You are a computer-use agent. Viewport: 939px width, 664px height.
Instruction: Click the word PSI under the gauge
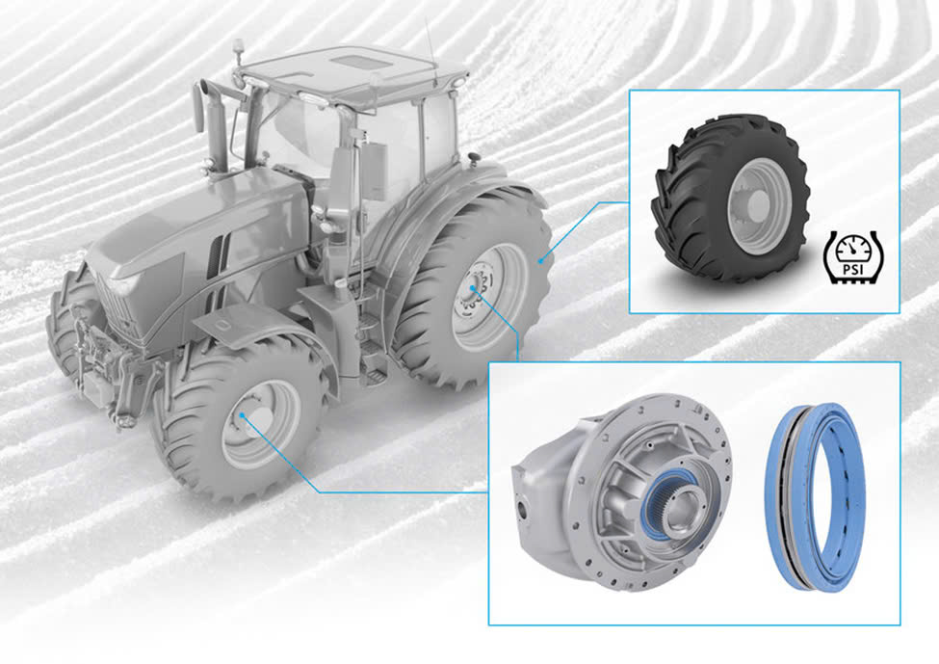point(849,269)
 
